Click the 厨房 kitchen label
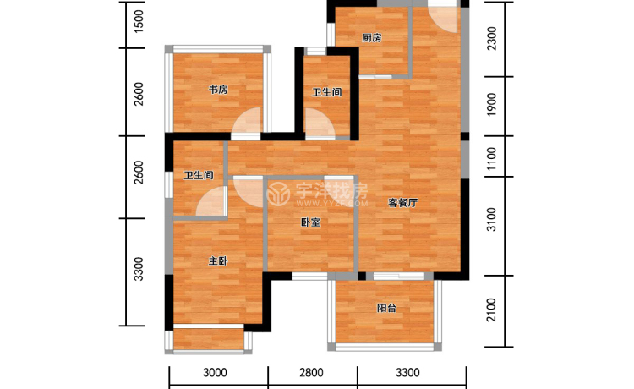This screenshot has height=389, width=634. (x=372, y=38)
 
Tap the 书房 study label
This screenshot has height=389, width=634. (x=218, y=90)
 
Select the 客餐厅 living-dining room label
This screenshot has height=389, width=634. (x=402, y=203)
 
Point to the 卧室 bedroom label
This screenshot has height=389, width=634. (x=311, y=222)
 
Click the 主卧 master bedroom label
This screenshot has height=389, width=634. (x=218, y=261)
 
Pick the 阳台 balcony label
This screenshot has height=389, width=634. (x=386, y=308)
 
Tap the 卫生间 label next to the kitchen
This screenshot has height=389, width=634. (x=327, y=92)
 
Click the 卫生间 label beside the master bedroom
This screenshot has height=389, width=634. (x=199, y=176)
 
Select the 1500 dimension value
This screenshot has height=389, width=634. (x=139, y=21)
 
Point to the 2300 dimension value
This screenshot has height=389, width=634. (x=492, y=38)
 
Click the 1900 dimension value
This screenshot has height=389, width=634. (x=492, y=105)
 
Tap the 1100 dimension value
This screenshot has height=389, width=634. (x=492, y=158)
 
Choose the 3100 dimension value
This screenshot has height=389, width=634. (x=492, y=220)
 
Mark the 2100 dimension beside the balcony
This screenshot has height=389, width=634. (x=492, y=310)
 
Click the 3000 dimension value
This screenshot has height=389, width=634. (x=215, y=372)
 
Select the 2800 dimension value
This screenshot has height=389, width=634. (x=311, y=372)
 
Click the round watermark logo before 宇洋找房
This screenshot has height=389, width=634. (x=279, y=194)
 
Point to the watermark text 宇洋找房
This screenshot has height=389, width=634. (x=331, y=190)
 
